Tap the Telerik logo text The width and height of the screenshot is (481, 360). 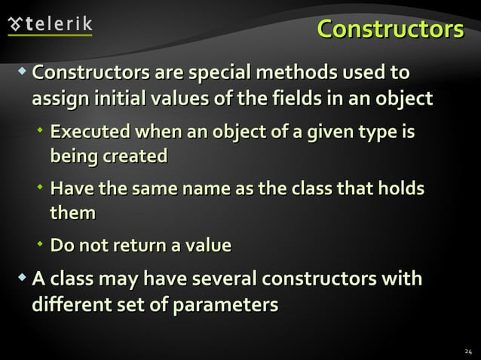60,23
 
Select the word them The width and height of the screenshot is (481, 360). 72,214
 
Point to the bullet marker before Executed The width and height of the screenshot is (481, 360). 40,132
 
